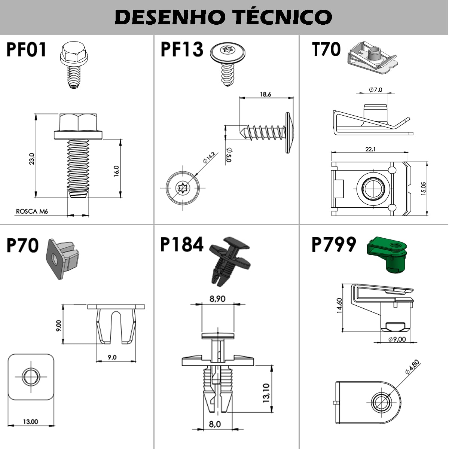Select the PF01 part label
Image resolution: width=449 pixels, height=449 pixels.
pyautogui.click(x=26, y=50)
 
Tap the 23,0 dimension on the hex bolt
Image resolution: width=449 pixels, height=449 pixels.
pyautogui.click(x=32, y=158)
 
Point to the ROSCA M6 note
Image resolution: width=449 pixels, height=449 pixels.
pyautogui.click(x=32, y=211)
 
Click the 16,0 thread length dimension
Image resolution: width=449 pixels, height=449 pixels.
pyautogui.click(x=116, y=171)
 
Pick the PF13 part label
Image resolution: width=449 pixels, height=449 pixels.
pyautogui.click(x=182, y=50)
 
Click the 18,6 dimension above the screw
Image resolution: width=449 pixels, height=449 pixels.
pyautogui.click(x=265, y=94)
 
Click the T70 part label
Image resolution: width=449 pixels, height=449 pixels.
pyautogui.click(x=326, y=50)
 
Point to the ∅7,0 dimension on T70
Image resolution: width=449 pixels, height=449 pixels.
pyautogui.click(x=375, y=90)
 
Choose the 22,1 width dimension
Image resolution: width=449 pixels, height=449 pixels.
pyautogui.click(x=370, y=149)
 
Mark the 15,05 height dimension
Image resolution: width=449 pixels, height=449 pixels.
pyautogui.click(x=423, y=189)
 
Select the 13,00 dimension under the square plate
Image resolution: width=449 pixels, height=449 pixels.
pyautogui.click(x=30, y=422)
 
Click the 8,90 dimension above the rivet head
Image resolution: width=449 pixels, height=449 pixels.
pyautogui.click(x=217, y=299)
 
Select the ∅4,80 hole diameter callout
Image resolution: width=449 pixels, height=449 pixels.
pyautogui.click(x=412, y=367)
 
